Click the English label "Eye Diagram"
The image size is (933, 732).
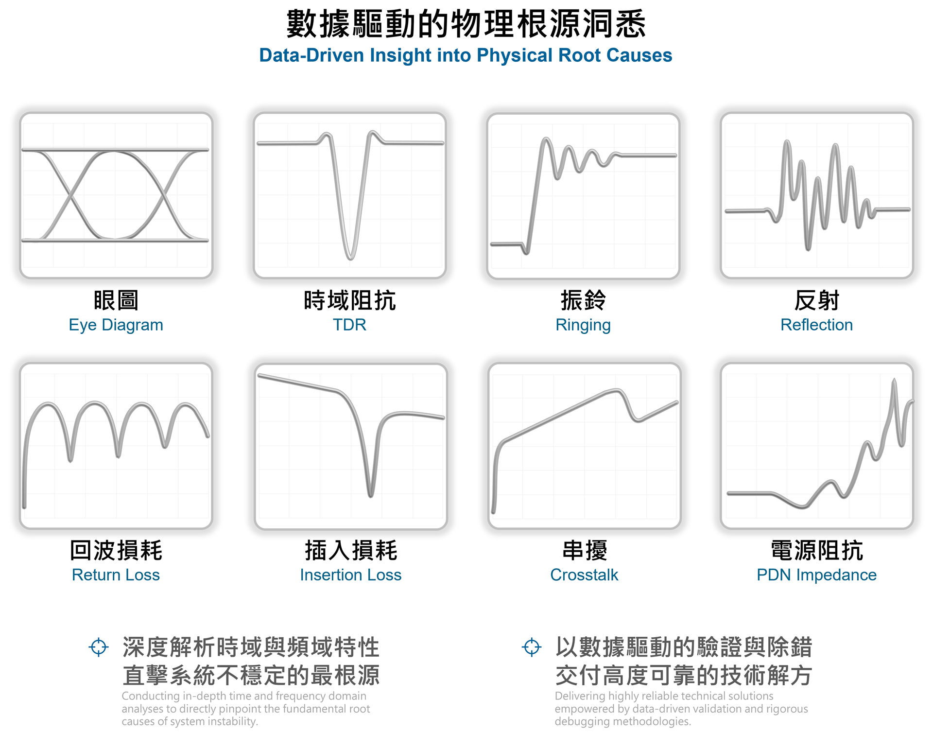tap(116, 325)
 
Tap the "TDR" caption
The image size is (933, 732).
tap(349, 325)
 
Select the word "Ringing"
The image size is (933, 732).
tap(583, 325)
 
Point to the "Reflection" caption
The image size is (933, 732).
tap(816, 325)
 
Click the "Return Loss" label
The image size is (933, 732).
tap(116, 575)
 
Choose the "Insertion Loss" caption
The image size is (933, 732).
tap(350, 575)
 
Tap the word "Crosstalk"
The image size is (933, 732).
tap(584, 575)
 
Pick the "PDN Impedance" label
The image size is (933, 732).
tap(816, 575)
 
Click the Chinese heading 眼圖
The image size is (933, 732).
tap(116, 300)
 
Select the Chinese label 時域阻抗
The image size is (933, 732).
tap(349, 300)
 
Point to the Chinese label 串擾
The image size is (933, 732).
tap(584, 550)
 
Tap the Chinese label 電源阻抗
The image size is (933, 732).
tap(816, 550)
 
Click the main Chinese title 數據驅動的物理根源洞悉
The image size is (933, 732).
tap(466, 24)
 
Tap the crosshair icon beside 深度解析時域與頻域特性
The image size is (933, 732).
tap(99, 647)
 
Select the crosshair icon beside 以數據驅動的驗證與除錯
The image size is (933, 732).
tap(532, 647)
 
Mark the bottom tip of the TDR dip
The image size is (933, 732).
tap(350, 258)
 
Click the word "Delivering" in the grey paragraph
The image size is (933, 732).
tap(577, 696)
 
